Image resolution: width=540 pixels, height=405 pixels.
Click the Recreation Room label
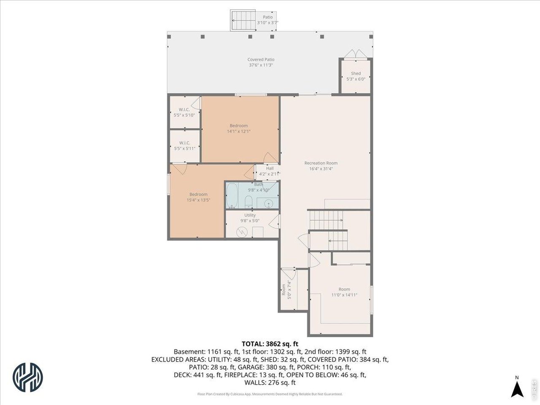(x=321, y=166)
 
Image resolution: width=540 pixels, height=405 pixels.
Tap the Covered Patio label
(x=261, y=62)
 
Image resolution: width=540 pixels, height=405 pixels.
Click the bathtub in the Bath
(x=232, y=195)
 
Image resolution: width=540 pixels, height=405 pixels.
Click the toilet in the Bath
(x=249, y=201)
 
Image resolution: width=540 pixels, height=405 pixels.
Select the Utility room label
(x=250, y=218)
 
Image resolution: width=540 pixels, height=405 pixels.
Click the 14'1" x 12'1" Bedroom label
(x=239, y=128)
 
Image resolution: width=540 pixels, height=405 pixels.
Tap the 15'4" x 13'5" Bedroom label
(x=198, y=197)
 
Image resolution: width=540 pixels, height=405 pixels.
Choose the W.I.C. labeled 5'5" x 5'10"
(x=184, y=112)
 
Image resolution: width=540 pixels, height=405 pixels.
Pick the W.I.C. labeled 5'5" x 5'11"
(x=184, y=146)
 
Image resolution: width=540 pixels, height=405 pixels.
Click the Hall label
(x=269, y=171)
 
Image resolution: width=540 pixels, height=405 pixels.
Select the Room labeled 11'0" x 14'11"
(x=344, y=292)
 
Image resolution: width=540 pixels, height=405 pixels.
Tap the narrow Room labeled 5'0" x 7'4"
(x=286, y=290)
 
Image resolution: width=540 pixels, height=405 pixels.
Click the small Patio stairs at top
(x=243, y=21)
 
